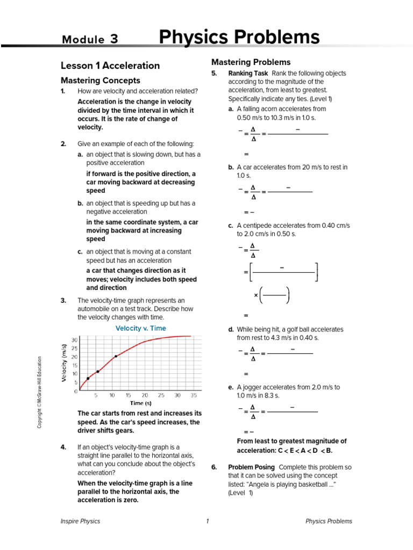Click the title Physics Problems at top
239,38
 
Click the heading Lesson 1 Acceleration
110,66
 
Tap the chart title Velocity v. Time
141,328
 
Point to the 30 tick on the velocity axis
74,340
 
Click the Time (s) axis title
140,403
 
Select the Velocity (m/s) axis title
64,363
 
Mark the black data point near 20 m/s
116,356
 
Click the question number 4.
63,447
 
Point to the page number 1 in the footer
206,521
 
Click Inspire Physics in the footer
81,521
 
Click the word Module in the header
83,39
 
